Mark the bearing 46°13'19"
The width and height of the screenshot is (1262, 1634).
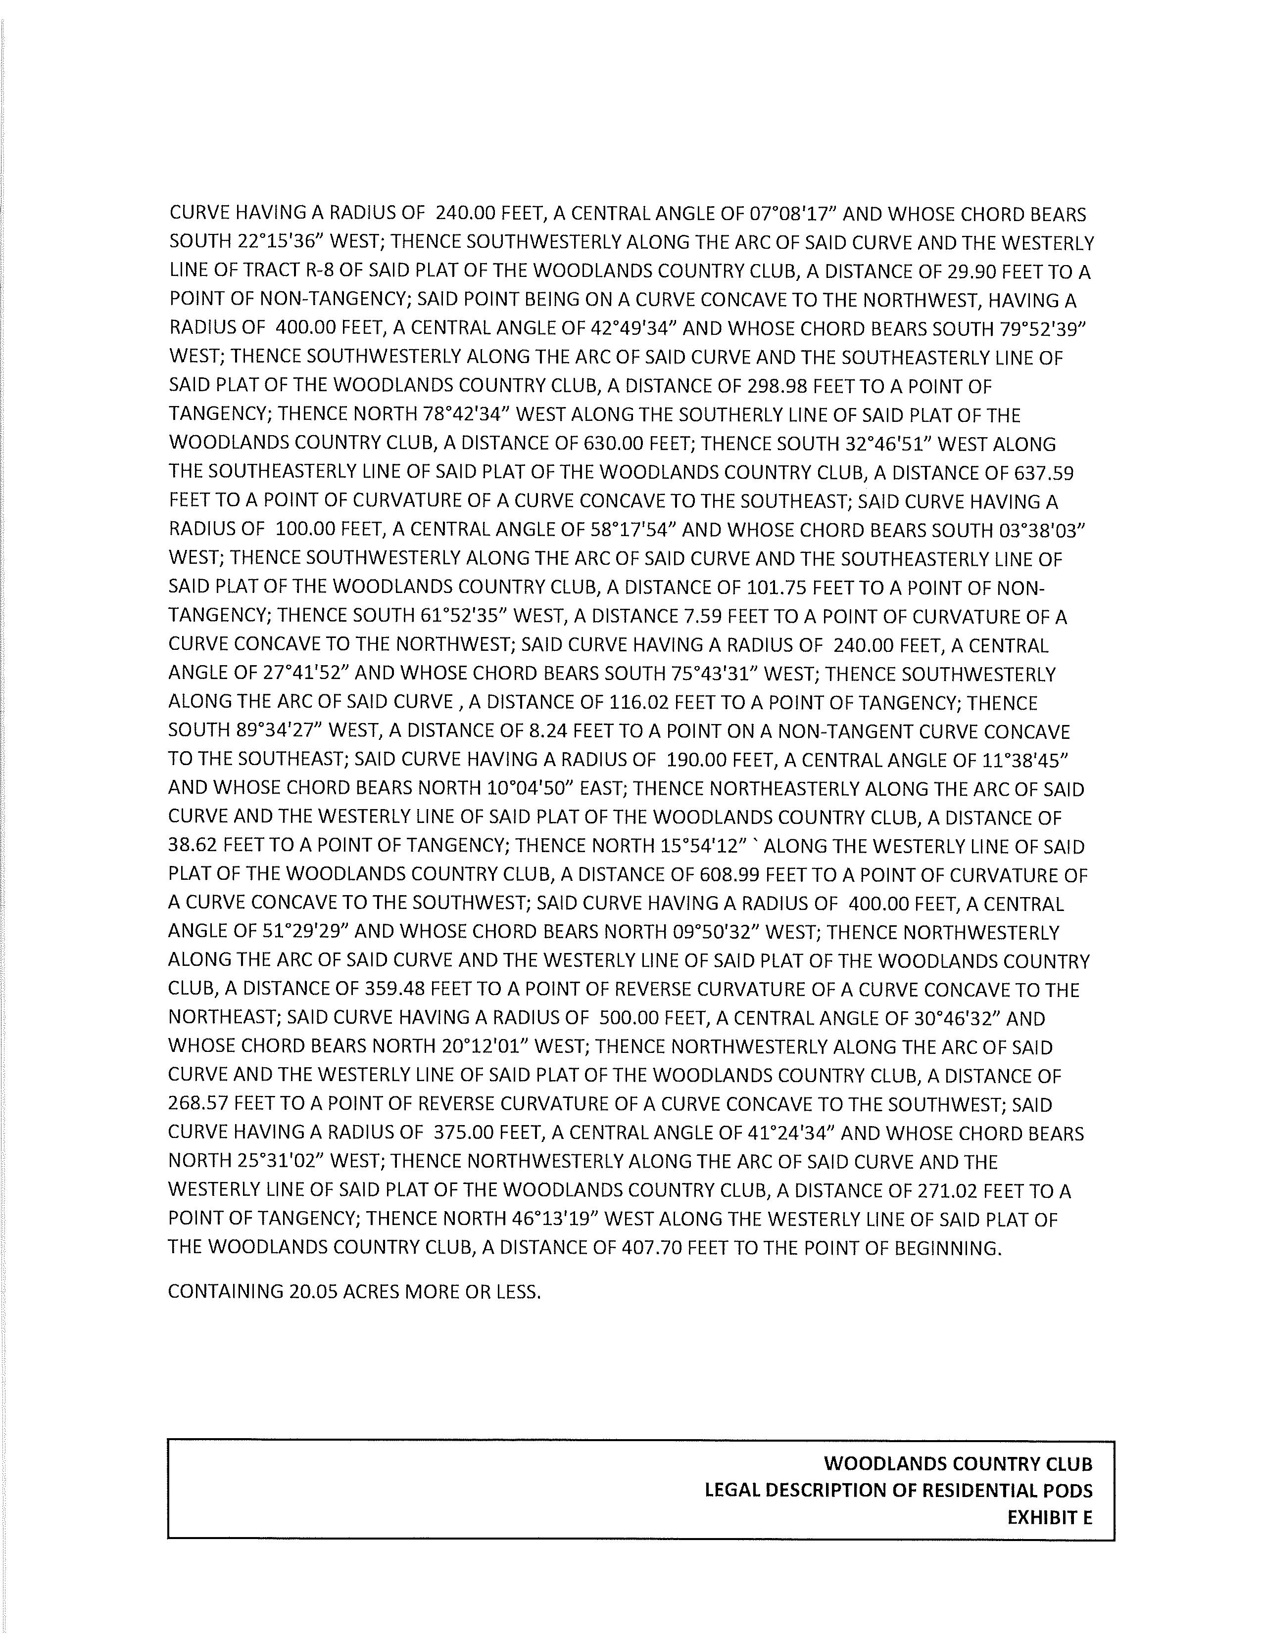coord(560,1220)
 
